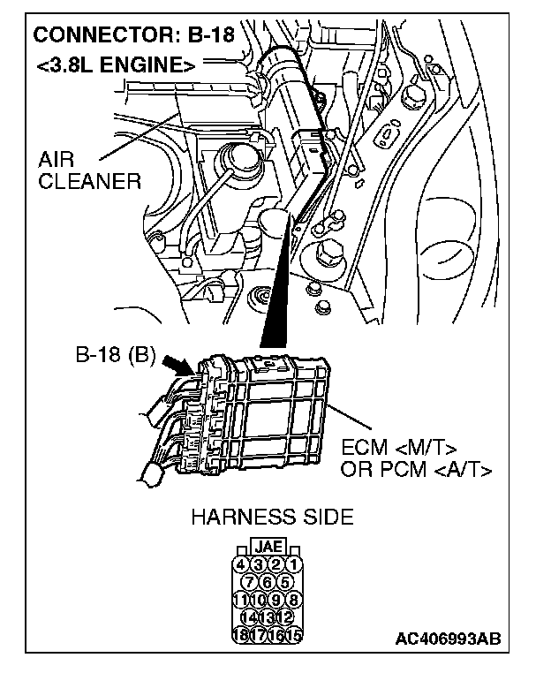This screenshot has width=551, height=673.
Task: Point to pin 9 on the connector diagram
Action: [278, 599]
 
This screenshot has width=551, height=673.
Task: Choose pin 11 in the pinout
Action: [241, 599]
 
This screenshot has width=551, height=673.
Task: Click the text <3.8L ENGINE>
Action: [115, 64]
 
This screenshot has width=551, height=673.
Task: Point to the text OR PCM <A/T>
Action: [416, 468]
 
